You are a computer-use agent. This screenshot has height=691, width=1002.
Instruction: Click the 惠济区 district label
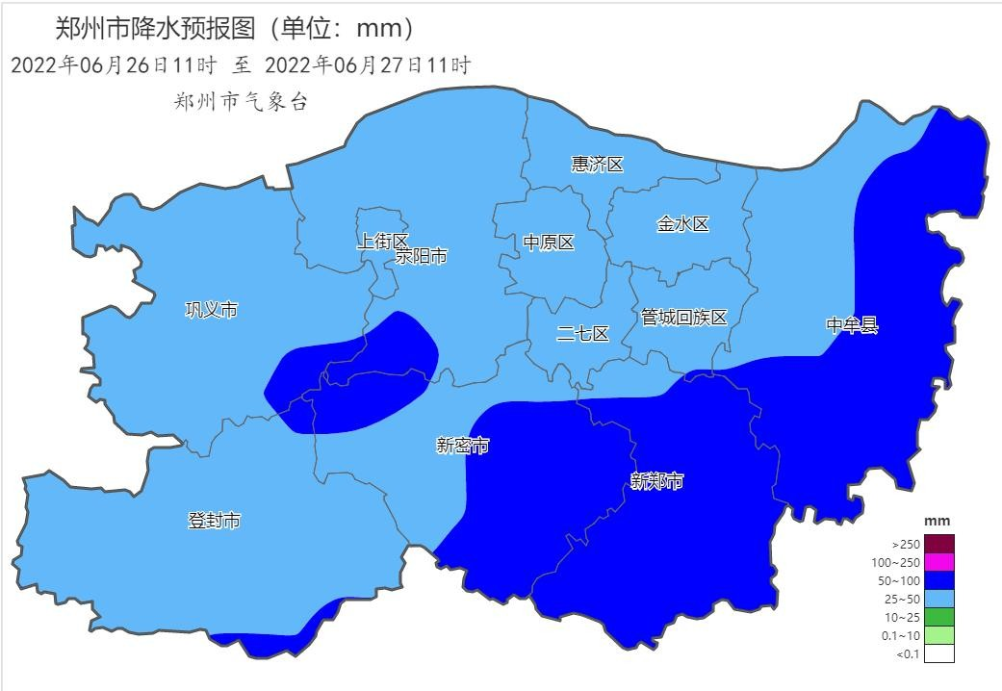click(597, 165)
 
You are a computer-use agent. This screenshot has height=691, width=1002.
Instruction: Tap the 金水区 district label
click(682, 224)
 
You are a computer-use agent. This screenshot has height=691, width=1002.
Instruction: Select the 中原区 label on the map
click(549, 243)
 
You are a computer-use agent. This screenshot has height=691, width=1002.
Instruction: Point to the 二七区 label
click(583, 334)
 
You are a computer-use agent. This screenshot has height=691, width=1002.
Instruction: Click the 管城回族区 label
click(683, 317)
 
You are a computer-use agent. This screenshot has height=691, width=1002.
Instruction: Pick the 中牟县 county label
click(852, 325)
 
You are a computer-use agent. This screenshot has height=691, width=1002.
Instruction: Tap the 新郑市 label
click(656, 480)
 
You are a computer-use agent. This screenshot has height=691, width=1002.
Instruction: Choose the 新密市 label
click(462, 446)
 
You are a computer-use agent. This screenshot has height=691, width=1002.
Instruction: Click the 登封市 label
click(214, 521)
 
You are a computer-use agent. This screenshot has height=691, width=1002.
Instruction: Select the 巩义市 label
click(211, 309)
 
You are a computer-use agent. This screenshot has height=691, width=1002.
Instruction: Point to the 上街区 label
click(382, 241)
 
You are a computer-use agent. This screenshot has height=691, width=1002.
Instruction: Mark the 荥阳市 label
click(422, 257)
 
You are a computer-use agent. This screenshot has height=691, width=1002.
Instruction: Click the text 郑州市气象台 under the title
click(242, 103)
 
